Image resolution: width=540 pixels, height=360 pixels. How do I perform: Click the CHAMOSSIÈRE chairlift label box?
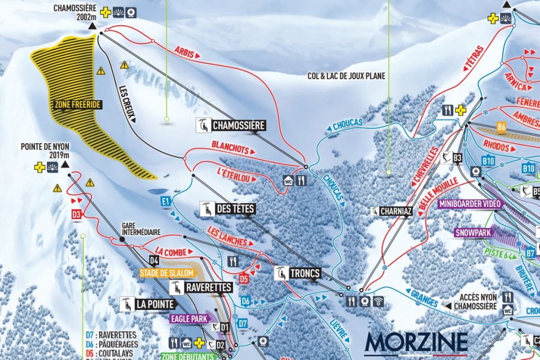[x=231, y=126]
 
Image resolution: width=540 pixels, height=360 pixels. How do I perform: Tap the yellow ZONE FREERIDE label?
[x=77, y=104]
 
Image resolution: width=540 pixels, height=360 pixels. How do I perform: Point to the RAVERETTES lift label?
[x=201, y=287]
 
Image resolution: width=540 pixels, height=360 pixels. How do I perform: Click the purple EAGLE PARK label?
[x=189, y=318]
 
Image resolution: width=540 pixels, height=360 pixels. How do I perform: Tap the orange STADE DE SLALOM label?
[x=165, y=272]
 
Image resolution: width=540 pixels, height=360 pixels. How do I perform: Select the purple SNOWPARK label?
[x=473, y=233]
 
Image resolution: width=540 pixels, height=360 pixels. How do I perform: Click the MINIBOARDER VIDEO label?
[x=470, y=204]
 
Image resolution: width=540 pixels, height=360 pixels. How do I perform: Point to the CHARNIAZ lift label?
[x=391, y=211]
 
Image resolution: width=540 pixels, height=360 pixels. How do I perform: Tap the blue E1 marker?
[x=165, y=202]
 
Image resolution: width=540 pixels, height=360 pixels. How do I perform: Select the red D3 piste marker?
[x=77, y=214]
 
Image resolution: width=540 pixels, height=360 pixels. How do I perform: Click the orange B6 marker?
[x=501, y=126]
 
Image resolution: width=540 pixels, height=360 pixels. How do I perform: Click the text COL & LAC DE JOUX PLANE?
[x=346, y=77]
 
